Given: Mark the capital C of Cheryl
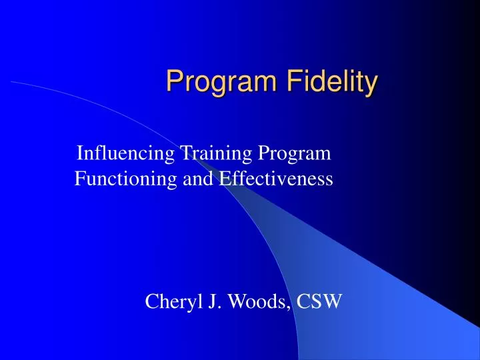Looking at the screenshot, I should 151,303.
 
